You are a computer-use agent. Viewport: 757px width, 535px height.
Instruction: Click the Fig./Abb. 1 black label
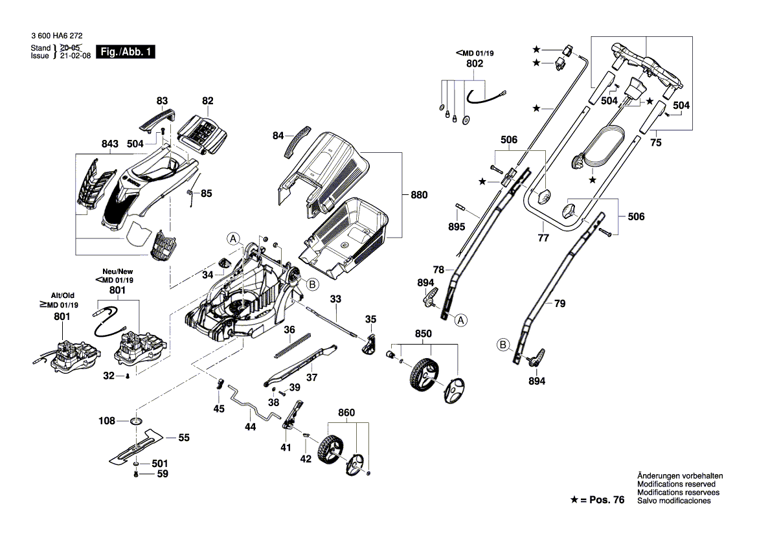coord(125,52)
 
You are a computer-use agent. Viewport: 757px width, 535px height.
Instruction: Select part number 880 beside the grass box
coord(419,194)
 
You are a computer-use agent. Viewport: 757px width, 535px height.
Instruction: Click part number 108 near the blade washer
coord(107,421)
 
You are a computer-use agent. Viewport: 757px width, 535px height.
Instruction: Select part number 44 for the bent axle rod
coord(251,427)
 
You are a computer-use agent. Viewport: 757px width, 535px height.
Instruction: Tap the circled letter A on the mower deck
coord(233,238)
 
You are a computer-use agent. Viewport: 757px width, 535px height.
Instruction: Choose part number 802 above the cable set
coord(475,64)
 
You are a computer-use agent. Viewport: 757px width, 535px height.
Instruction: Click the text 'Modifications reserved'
coord(676,484)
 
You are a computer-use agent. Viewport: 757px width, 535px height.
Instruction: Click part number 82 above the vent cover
coord(207,100)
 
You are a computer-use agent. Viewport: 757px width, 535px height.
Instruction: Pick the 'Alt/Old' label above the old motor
coord(63,295)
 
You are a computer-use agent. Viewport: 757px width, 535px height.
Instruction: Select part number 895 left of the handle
coord(457,227)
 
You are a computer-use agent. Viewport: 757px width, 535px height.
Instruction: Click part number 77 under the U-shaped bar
coord(543,238)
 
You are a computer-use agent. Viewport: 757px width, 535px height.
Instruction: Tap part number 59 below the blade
coord(163,473)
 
